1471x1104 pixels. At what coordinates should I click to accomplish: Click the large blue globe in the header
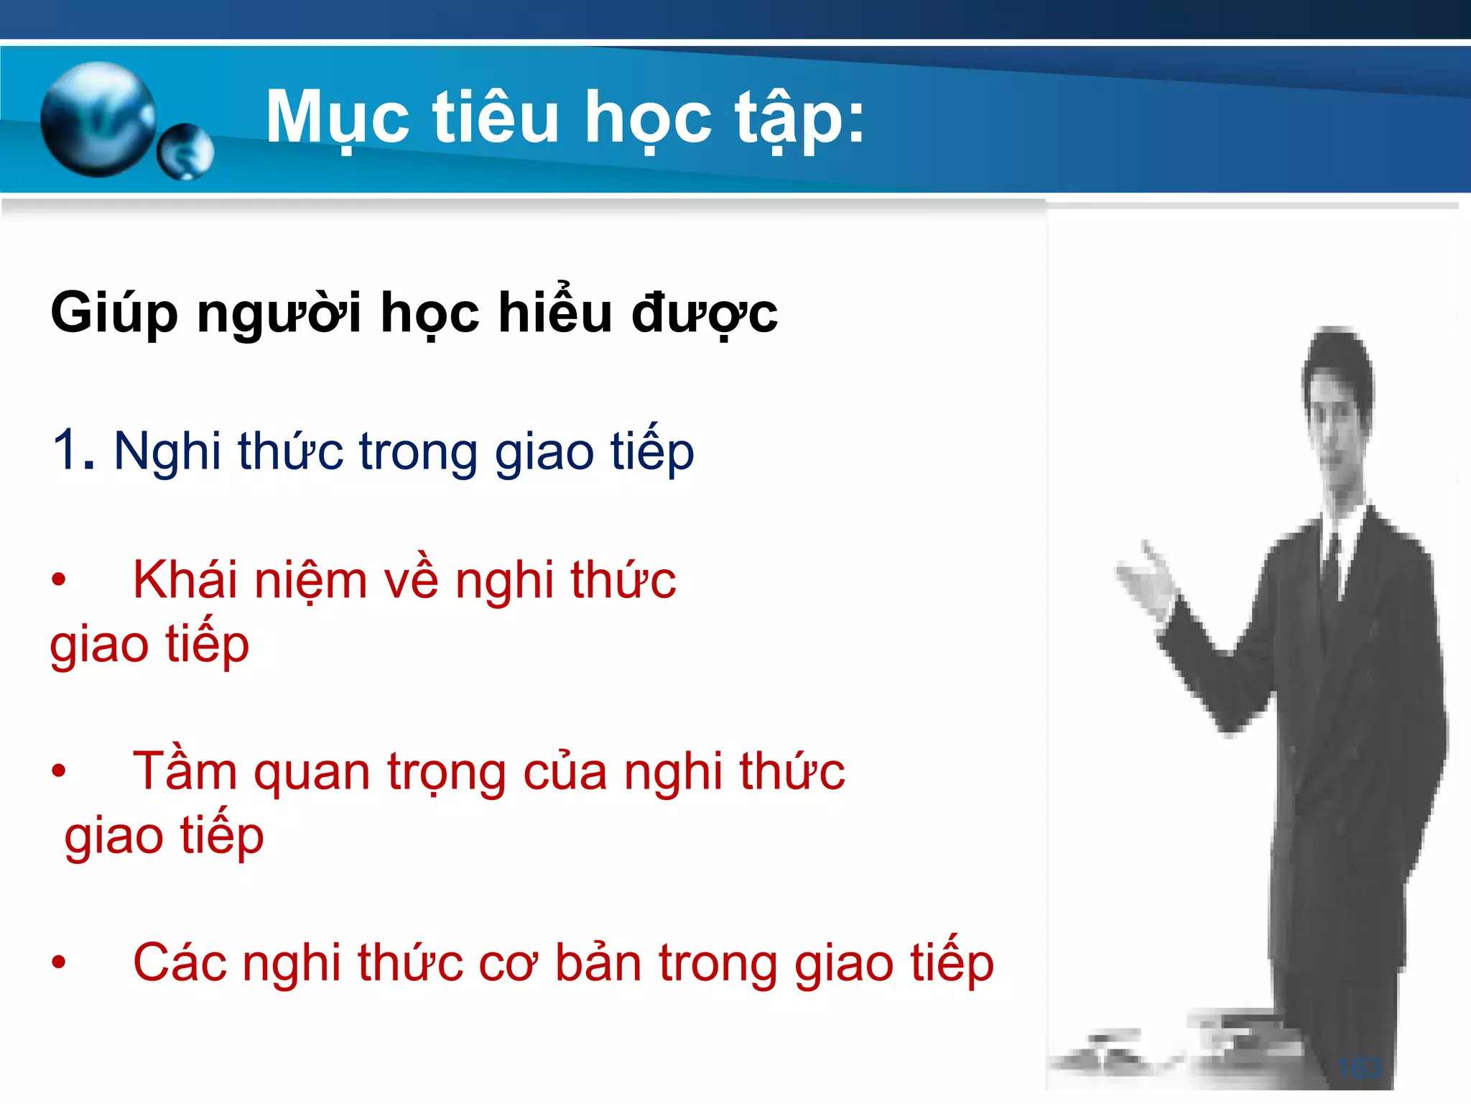(98, 119)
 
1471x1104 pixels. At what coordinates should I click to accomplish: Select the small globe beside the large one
(185, 152)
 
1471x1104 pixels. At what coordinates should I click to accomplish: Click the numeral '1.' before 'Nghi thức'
(73, 451)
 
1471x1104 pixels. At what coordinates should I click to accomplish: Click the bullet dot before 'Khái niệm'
(59, 580)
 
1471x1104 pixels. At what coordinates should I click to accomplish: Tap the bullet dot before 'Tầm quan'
(59, 771)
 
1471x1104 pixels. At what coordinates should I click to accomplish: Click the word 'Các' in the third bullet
(180, 963)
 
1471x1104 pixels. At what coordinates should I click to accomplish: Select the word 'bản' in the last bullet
(598, 963)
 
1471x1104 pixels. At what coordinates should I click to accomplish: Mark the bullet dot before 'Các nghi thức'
(59, 962)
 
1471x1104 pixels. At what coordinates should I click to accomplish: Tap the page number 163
(1359, 1068)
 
